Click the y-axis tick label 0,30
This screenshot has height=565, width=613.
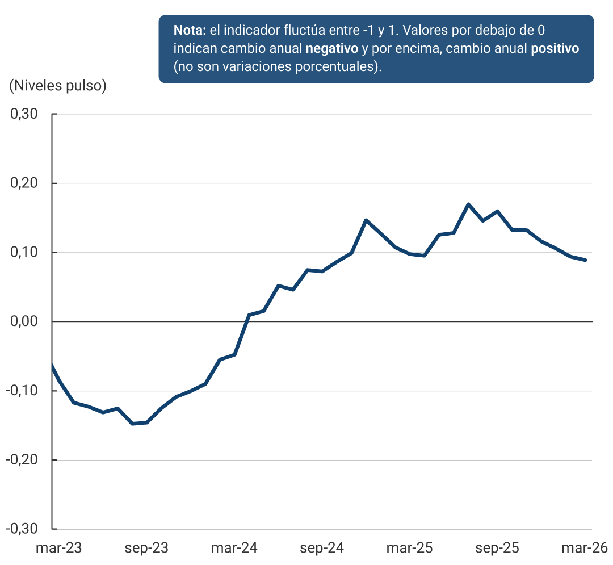pyautogui.click(x=24, y=114)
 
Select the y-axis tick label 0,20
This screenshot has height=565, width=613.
pyautogui.click(x=24, y=183)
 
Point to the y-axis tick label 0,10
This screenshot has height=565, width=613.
pyautogui.click(x=24, y=253)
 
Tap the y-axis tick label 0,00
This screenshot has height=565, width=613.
pyautogui.click(x=24, y=321)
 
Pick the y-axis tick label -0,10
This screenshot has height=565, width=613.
pyautogui.click(x=22, y=391)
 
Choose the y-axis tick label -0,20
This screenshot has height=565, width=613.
pyautogui.click(x=22, y=460)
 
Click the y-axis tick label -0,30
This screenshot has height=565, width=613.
pyautogui.click(x=22, y=529)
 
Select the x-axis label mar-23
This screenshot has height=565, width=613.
pyautogui.click(x=58, y=549)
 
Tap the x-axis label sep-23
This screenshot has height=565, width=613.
pyautogui.click(x=146, y=549)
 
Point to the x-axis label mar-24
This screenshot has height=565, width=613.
pyautogui.click(x=234, y=549)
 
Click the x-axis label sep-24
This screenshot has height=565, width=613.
pyautogui.click(x=322, y=549)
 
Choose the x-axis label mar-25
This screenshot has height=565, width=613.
pyautogui.click(x=409, y=549)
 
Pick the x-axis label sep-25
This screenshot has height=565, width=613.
pyautogui.click(x=497, y=549)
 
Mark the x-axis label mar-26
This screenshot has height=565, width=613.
pyautogui.click(x=585, y=549)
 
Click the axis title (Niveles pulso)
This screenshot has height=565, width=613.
pyautogui.click(x=58, y=86)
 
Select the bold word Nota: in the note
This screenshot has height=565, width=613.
pyautogui.click(x=190, y=30)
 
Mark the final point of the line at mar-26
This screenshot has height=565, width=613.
pyautogui.click(x=585, y=260)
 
